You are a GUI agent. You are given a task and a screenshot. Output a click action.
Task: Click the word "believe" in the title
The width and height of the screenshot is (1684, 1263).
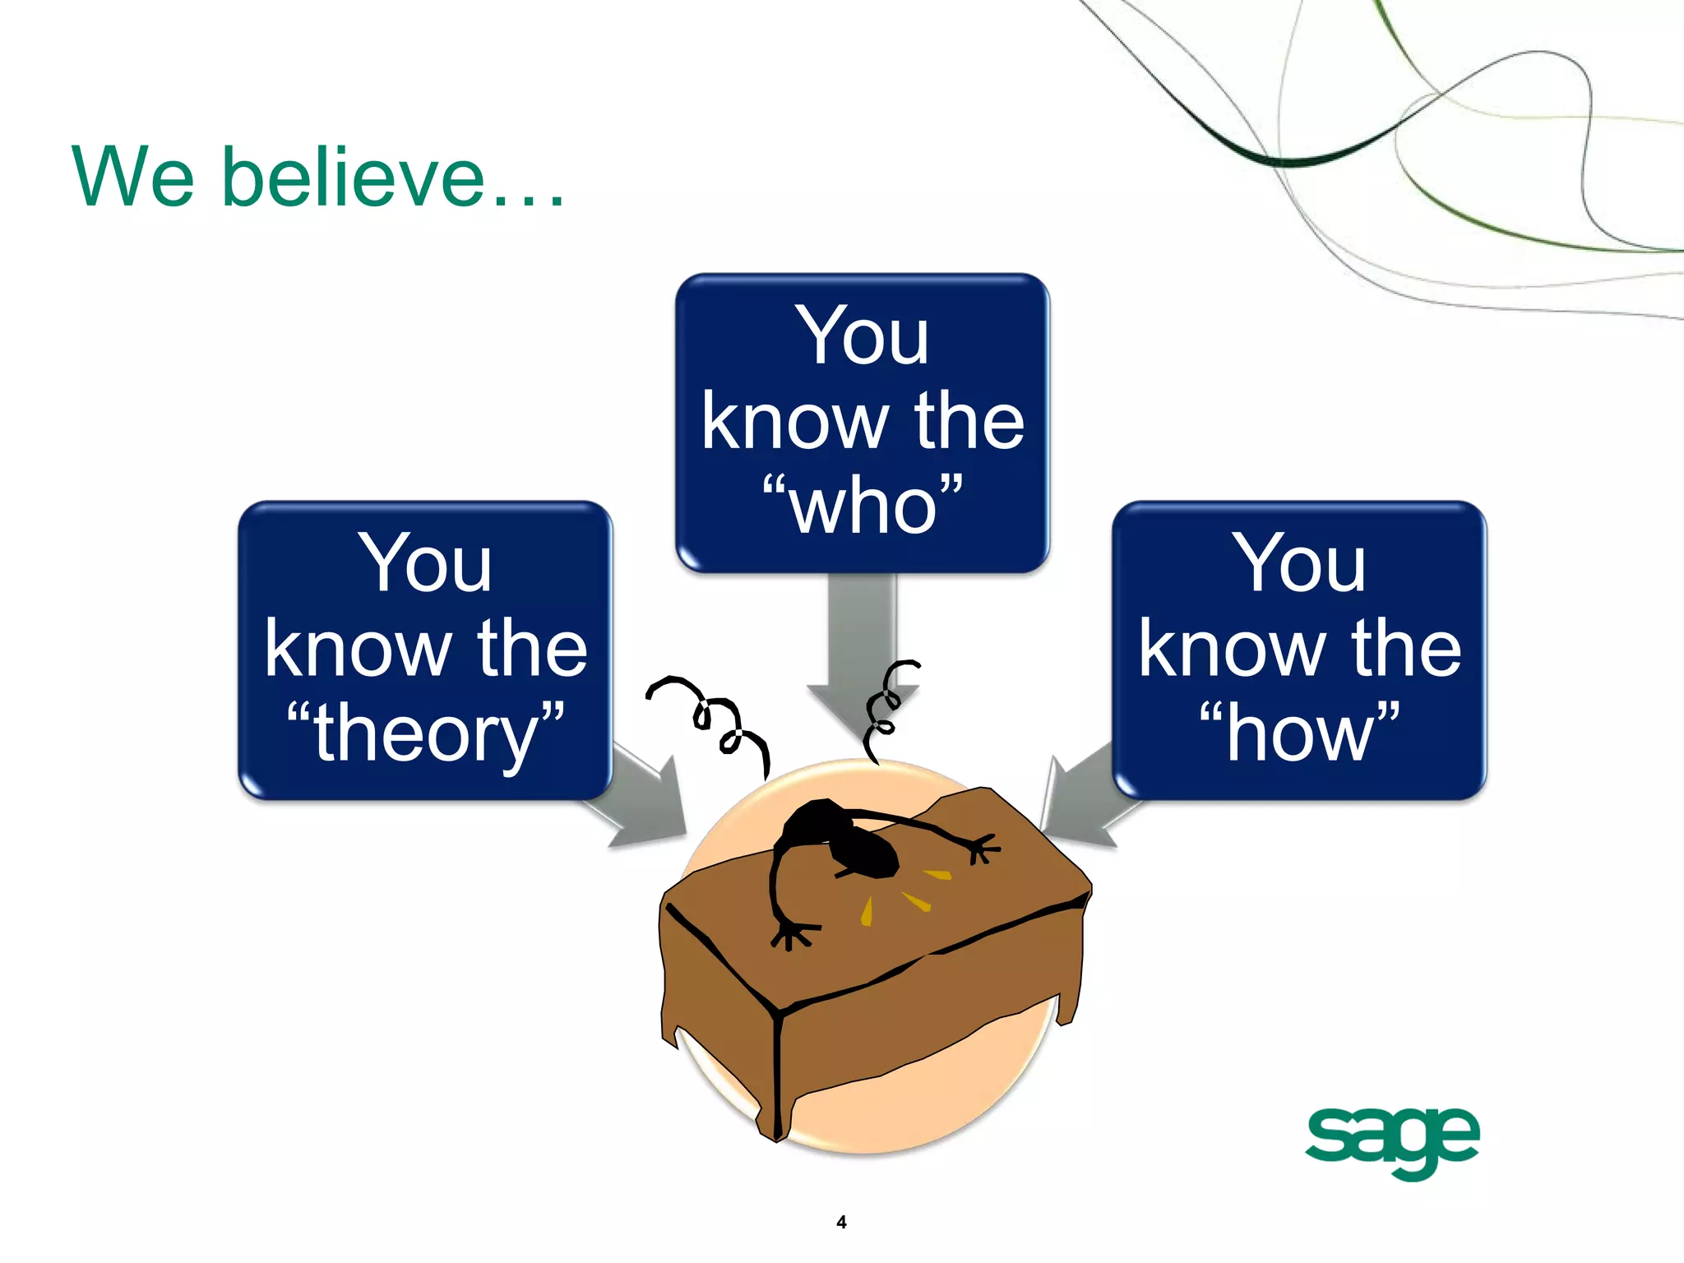coord(354,176)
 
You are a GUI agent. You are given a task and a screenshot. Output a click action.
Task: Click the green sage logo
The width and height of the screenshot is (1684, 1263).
coord(1392,1140)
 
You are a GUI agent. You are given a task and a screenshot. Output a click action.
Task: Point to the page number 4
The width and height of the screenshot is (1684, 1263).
coord(841,1222)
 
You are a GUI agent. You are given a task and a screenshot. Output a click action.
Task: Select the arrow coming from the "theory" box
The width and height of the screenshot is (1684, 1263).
coord(645,802)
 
